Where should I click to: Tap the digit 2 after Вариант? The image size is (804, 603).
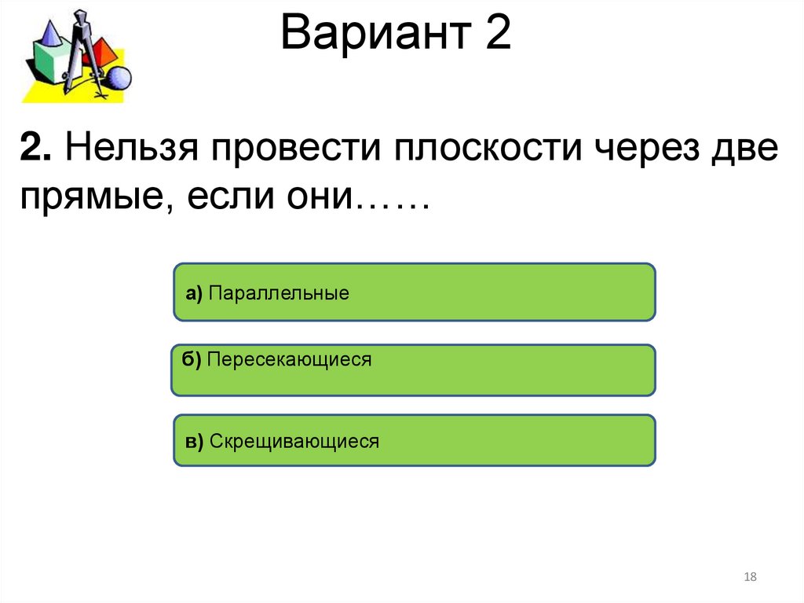(498, 35)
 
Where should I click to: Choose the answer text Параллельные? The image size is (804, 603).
(280, 294)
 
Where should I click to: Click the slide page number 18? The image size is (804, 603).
(749, 578)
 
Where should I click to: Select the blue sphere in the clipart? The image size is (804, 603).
(119, 79)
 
